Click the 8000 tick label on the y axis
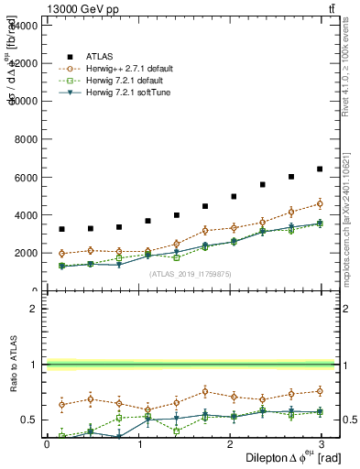(x=24, y=139)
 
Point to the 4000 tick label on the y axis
(x=24, y=215)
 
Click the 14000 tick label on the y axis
(x=22, y=26)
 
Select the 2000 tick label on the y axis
(x=24, y=253)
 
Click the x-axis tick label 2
(x=232, y=444)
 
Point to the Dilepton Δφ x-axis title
(x=280, y=457)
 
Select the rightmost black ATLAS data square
(x=320, y=169)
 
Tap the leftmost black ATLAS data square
(x=61, y=229)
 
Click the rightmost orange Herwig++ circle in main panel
(x=320, y=203)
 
